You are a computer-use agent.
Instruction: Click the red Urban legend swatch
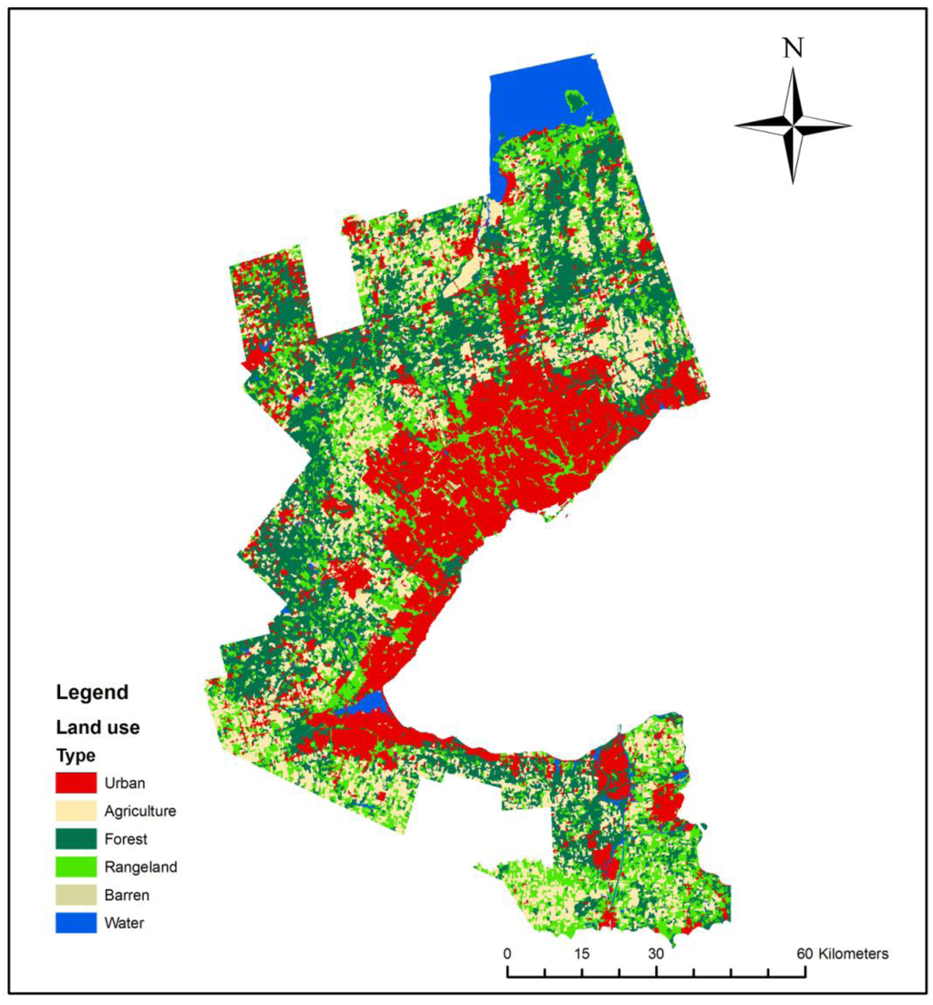[x=76, y=782]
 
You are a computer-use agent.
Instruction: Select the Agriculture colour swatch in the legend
[x=76, y=810]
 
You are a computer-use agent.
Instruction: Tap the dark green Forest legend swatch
[x=76, y=838]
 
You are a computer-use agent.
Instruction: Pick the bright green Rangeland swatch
[x=76, y=867]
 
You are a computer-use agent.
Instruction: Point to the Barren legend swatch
[x=76, y=895]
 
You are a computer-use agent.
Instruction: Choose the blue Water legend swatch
[x=76, y=923]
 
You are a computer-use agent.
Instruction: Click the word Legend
[x=92, y=692]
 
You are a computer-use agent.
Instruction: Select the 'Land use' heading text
[x=97, y=728]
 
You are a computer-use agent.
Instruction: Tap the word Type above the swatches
[x=76, y=756]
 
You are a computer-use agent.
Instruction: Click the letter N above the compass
[x=793, y=49]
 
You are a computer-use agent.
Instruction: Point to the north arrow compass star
[x=793, y=125]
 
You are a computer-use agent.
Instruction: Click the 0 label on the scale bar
[x=508, y=954]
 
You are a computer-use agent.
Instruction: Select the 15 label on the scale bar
[x=581, y=954]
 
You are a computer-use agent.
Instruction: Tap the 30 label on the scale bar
[x=655, y=954]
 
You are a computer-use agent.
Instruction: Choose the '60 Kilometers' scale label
[x=843, y=954]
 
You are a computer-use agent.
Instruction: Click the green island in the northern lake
[x=575, y=97]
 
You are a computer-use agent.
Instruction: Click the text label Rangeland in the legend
[x=140, y=867]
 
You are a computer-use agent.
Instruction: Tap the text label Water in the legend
[x=124, y=923]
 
